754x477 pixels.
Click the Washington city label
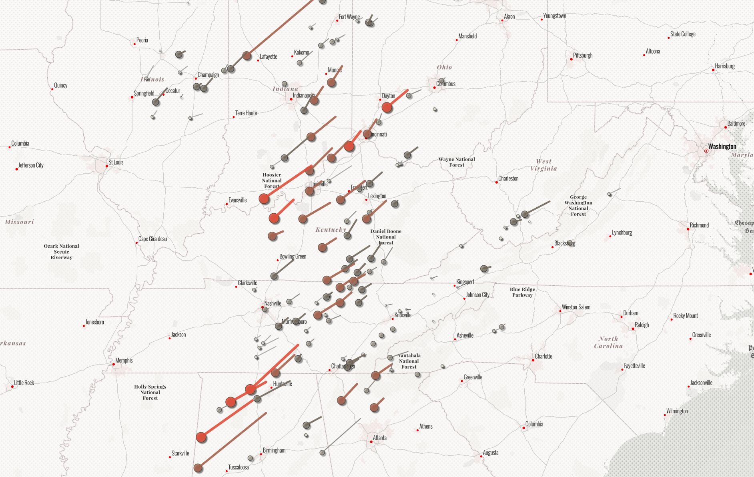click(722, 146)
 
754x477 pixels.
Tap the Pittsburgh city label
click(582, 55)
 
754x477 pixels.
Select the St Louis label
click(116, 162)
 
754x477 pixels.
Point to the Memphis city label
click(124, 360)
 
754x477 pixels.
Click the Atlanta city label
click(379, 438)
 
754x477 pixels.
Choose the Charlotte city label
click(543, 356)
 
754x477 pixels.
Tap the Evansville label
click(237, 200)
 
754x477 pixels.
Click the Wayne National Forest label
click(457, 162)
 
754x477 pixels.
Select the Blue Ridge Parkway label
click(522, 292)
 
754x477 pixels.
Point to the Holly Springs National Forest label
click(150, 392)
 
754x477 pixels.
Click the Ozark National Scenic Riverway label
click(61, 252)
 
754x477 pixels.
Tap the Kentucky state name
click(331, 230)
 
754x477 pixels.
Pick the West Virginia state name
click(543, 165)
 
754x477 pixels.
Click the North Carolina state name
click(608, 343)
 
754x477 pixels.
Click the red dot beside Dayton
click(380, 100)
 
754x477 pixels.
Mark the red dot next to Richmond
click(688, 229)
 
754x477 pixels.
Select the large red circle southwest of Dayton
click(387, 107)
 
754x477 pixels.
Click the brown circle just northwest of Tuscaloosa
click(198, 468)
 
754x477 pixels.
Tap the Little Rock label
click(24, 383)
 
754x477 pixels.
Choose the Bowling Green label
click(293, 257)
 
